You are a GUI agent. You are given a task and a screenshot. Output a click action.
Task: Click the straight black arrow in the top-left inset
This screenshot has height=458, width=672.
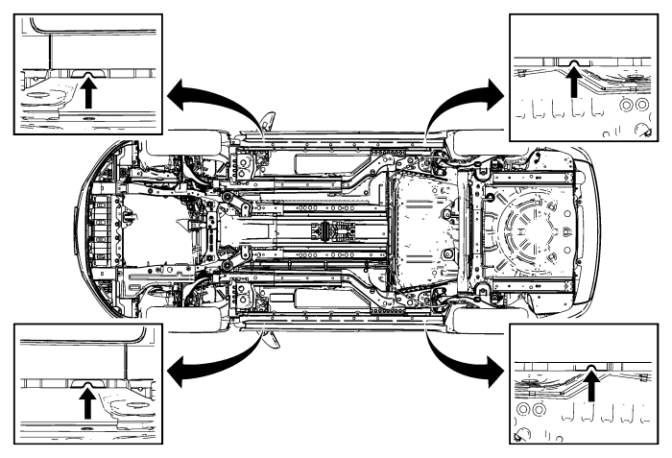tap(89, 94)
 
